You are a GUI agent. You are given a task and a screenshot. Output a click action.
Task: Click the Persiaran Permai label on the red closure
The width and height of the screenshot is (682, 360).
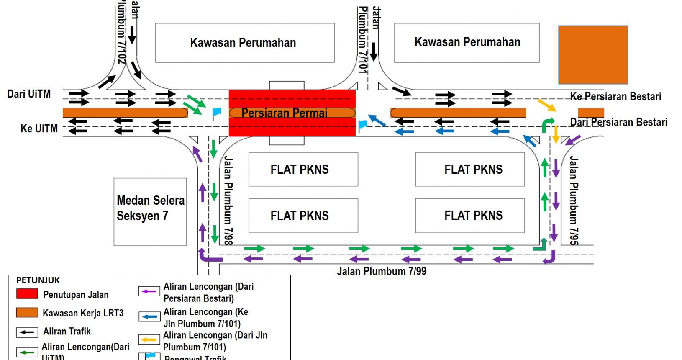point(285,113)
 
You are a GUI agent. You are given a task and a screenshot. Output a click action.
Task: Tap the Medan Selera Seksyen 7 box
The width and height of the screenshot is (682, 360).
point(150,212)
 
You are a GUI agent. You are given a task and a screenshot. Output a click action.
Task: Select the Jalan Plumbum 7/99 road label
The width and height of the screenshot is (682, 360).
point(382,271)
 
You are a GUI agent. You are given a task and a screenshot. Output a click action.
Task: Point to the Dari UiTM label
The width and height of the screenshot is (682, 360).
point(29,94)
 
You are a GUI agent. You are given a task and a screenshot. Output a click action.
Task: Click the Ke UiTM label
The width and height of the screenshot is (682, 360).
point(39,129)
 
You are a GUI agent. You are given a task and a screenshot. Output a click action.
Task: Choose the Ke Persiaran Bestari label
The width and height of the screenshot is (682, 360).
point(615,97)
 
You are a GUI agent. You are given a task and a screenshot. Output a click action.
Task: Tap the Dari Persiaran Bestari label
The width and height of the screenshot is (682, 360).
point(618,122)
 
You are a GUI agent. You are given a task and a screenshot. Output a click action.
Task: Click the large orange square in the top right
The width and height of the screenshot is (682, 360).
point(593,55)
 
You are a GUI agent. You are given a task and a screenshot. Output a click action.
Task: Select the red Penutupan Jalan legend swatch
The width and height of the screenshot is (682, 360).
point(27,294)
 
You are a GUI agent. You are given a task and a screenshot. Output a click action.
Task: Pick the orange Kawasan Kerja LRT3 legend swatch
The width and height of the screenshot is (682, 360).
point(27,313)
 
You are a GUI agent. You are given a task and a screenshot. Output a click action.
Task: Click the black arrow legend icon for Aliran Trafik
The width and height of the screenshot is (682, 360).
point(27,332)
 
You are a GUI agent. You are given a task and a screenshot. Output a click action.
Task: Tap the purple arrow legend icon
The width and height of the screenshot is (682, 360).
point(149,291)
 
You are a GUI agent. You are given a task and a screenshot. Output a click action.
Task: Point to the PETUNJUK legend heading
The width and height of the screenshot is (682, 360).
point(38,280)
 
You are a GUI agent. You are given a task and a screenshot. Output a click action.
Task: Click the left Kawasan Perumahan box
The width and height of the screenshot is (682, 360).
point(244,43)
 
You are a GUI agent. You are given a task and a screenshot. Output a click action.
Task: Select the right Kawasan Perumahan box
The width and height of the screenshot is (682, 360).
point(467,43)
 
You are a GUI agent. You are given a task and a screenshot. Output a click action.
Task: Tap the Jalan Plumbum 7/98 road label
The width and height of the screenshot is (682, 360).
point(228,200)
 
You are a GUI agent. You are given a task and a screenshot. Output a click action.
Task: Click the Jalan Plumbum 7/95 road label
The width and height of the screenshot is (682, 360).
point(574,200)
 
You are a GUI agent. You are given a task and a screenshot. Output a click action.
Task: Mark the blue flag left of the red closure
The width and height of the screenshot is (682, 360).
point(217,112)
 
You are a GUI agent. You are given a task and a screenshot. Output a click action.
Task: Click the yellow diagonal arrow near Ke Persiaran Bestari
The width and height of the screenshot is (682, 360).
point(546,105)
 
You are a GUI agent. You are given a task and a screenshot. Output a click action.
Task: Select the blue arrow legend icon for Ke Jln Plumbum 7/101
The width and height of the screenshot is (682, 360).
point(149,316)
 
